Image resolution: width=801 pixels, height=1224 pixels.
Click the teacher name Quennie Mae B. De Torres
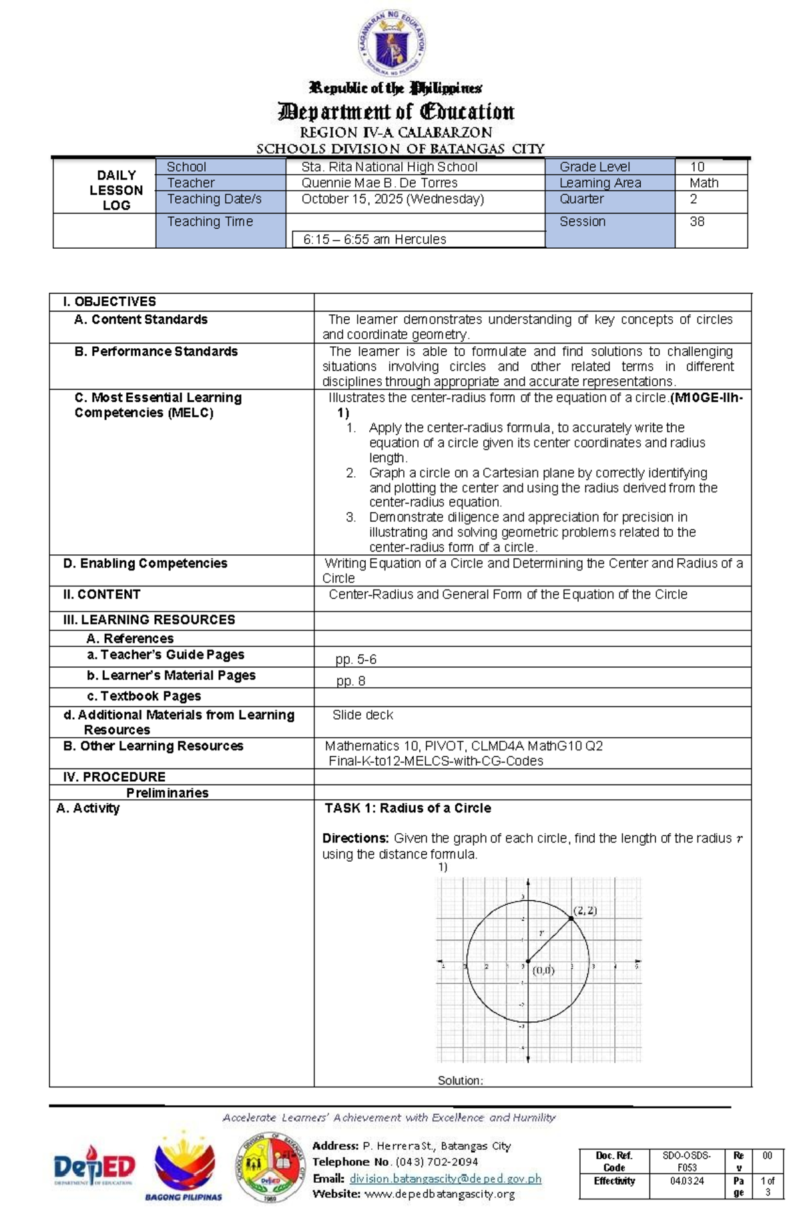pyautogui.click(x=379, y=183)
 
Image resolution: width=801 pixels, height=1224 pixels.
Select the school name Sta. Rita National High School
pyautogui.click(x=389, y=167)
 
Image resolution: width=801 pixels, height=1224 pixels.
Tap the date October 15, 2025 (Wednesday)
pyautogui.click(x=392, y=199)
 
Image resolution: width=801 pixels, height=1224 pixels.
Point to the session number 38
pyautogui.click(x=697, y=221)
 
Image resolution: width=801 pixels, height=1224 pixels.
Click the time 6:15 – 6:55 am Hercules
pyautogui.click(x=374, y=239)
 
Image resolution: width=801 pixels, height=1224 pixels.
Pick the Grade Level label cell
pyautogui.click(x=594, y=167)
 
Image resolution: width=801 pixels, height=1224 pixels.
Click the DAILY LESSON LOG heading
pyautogui.click(x=116, y=190)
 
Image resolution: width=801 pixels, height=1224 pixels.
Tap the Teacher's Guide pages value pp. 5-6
pyautogui.click(x=356, y=660)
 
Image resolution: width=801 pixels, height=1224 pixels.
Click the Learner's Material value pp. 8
pyautogui.click(x=350, y=681)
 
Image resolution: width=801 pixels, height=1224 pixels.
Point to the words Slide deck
pyautogui.click(x=362, y=715)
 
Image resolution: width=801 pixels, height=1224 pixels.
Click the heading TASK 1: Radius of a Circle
pyautogui.click(x=407, y=808)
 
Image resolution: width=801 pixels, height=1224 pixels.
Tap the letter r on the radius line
pyautogui.click(x=541, y=934)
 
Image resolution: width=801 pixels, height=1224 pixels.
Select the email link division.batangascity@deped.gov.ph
pyautogui.click(x=445, y=1179)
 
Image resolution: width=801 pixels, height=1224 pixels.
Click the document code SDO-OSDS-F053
pyautogui.click(x=686, y=1161)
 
